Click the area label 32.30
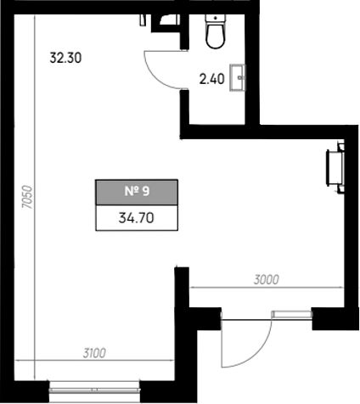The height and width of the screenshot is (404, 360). (x=65, y=58)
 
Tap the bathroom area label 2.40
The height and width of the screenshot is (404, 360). (x=212, y=79)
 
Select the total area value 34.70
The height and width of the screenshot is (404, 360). (x=137, y=218)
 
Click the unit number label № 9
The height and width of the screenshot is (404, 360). (x=137, y=191)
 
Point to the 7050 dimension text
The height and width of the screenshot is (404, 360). (x=28, y=197)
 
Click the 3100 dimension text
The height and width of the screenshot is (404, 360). (x=94, y=353)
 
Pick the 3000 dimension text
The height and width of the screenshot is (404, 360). (x=267, y=280)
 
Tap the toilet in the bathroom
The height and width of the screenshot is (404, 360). (x=216, y=31)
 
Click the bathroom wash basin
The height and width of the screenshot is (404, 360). (x=238, y=78)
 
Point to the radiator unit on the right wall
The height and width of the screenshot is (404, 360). (x=335, y=168)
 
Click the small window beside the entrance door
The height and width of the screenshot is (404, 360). (x=292, y=315)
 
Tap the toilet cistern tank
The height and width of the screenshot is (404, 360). (x=216, y=20)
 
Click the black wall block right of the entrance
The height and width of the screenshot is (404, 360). (x=335, y=318)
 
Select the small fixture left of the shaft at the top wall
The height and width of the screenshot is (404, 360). (x=143, y=20)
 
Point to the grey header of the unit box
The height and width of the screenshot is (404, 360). (x=137, y=193)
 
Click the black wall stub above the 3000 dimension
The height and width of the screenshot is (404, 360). (x=182, y=286)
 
